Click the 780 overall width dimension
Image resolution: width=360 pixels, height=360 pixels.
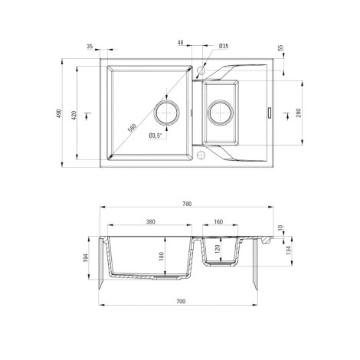(187, 204)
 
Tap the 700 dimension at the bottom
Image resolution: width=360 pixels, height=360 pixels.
(181, 301)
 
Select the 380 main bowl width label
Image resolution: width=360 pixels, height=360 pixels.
(151, 221)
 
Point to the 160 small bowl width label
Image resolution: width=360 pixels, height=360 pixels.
(218, 221)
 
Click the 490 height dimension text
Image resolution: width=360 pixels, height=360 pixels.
(59, 113)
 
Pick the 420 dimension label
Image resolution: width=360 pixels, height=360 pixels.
(74, 116)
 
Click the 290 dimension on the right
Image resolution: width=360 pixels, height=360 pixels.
(299, 113)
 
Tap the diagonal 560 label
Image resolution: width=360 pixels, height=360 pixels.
(133, 128)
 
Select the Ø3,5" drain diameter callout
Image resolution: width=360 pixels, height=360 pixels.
(155, 136)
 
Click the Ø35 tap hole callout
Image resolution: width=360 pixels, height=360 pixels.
(224, 46)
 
